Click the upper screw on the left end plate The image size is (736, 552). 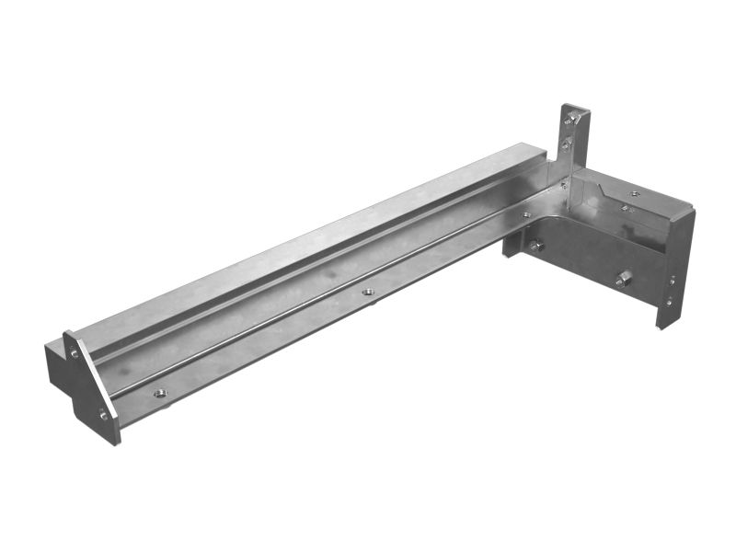(75, 353)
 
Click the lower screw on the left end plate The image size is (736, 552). (104, 416)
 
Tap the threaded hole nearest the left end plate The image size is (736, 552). (160, 393)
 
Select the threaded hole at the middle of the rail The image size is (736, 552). (368, 292)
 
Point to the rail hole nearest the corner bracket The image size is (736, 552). (525, 215)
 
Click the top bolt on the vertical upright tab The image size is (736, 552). (573, 118)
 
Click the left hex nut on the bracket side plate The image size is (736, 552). (535, 246)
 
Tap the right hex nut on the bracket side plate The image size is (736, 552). (623, 277)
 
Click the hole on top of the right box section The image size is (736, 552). (634, 194)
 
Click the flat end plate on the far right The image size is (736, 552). (676, 267)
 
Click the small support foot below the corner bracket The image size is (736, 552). (512, 245)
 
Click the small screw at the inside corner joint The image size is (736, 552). (562, 185)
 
